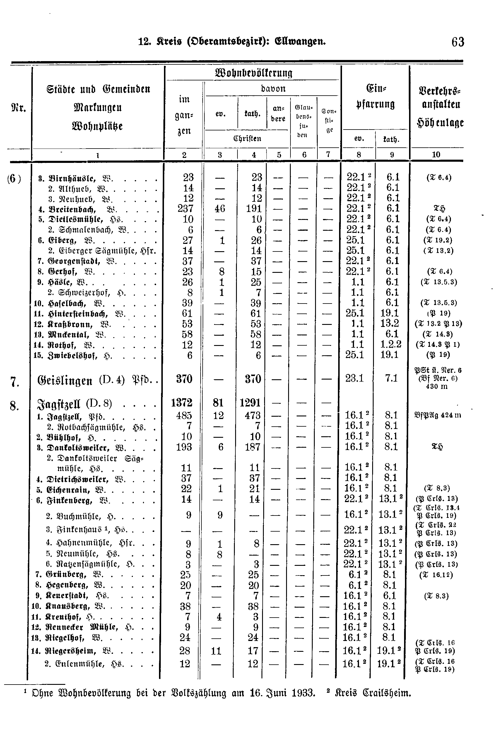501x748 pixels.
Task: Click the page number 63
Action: (458, 42)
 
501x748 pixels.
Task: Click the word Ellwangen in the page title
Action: (300, 42)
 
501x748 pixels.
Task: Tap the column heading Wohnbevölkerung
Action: (254, 73)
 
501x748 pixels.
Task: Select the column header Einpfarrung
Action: (375, 96)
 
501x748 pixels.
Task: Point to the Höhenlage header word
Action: (441, 123)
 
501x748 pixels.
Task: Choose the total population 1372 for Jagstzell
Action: (182, 403)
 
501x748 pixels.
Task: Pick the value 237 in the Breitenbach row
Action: (186, 209)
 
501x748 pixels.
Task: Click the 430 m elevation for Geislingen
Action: (437, 387)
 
